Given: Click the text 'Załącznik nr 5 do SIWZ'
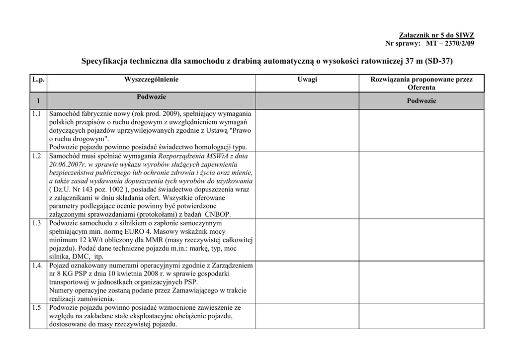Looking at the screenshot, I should point(437,35).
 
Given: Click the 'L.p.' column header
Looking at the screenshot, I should point(38,80).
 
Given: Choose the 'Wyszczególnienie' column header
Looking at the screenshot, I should point(151,80).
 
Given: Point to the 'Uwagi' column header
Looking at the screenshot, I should point(307,80).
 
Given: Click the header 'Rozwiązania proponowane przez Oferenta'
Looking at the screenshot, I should point(421,83).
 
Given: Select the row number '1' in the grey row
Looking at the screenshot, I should point(38,101).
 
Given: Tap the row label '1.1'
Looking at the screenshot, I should point(36,114).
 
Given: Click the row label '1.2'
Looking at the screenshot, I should point(36,156).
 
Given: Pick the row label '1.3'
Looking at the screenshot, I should point(36,223).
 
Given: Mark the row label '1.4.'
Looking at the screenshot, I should point(38,266).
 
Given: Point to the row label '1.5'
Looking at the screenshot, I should point(36,308).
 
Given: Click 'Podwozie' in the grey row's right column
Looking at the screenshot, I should point(421,101).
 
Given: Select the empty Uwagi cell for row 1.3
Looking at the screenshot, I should point(307,240).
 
